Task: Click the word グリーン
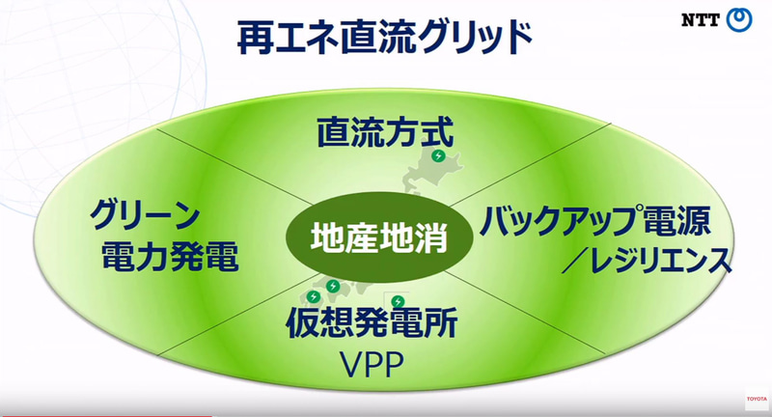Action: [x=146, y=212]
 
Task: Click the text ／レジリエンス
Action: [x=643, y=261]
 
